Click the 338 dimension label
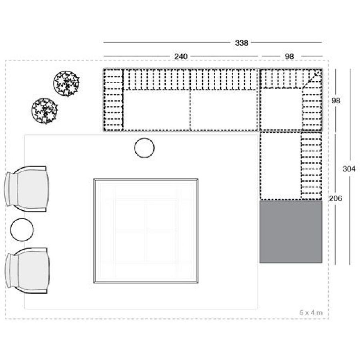pyautogui.click(x=242, y=43)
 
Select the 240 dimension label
pyautogui.click(x=181, y=56)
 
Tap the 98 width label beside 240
pyautogui.click(x=289, y=56)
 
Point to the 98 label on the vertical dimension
pyautogui.click(x=336, y=100)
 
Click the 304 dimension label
pyautogui.click(x=349, y=169)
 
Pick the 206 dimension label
pyautogui.click(x=336, y=198)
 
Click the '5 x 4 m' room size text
pyautogui.click(x=311, y=312)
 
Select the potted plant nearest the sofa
pyautogui.click(x=66, y=84)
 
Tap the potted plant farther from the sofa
pyautogui.click(x=44, y=111)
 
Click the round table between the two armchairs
pyautogui.click(x=22, y=230)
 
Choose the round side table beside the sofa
pyautogui.click(x=144, y=148)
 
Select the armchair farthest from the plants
pyautogui.click(x=27, y=271)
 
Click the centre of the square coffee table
pyautogui.click(x=146, y=231)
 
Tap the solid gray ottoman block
pyautogui.click(x=291, y=232)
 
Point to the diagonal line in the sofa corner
pyautogui.click(x=312, y=79)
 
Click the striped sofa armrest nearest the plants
pyautogui.click(x=114, y=100)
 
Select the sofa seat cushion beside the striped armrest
pyautogui.click(x=157, y=110)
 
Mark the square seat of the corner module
pyautogui.click(x=281, y=109)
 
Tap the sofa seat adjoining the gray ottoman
pyautogui.click(x=280, y=166)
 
